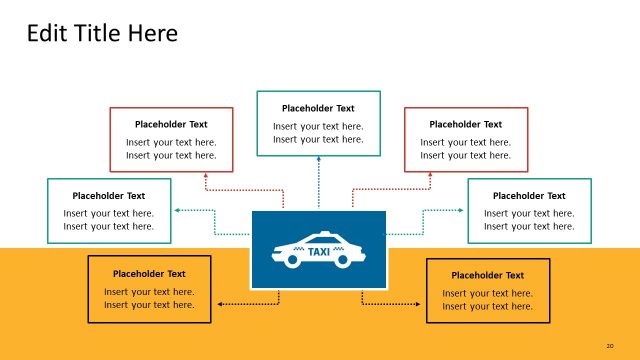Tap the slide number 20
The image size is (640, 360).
tap(610, 346)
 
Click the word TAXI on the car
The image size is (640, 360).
tap(319, 252)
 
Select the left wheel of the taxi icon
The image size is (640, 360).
tap(292, 261)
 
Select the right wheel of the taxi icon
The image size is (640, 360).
tap(344, 261)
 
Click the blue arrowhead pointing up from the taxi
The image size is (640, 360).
tap(319, 159)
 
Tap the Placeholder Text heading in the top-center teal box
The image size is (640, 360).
tap(318, 108)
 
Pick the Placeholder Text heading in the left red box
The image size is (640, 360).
tap(171, 124)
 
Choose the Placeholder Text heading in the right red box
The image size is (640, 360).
tap(465, 124)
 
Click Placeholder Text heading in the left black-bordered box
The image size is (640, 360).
tap(149, 273)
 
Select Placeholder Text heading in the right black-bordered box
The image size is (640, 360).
tap(487, 275)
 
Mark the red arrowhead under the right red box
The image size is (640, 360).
tap(431, 174)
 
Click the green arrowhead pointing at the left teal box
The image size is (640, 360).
tap(177, 210)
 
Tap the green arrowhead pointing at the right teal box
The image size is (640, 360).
tap(461, 210)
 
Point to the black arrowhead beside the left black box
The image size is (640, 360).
tap(219, 302)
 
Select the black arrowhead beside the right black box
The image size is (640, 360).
tap(420, 302)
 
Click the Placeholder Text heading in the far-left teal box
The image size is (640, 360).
tap(109, 196)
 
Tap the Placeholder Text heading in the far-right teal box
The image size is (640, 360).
tap(529, 196)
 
